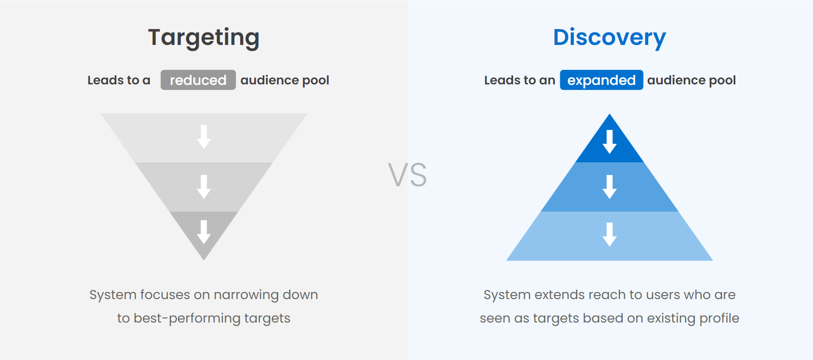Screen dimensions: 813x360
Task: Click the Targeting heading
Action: (x=204, y=38)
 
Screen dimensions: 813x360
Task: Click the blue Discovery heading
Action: (x=609, y=38)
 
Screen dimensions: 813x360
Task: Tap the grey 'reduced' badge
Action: (x=198, y=80)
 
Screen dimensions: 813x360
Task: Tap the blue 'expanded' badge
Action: (x=601, y=80)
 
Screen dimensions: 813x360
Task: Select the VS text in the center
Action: (x=407, y=175)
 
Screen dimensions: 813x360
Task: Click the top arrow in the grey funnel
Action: (x=204, y=137)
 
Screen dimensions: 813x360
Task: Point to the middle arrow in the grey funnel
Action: (x=204, y=187)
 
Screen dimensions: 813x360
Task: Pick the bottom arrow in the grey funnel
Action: (x=204, y=232)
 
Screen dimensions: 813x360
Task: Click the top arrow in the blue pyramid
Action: (x=609, y=142)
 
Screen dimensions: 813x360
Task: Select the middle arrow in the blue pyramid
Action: (x=609, y=187)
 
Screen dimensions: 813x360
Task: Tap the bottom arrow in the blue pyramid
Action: (x=609, y=235)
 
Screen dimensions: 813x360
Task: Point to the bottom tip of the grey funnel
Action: (x=204, y=260)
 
